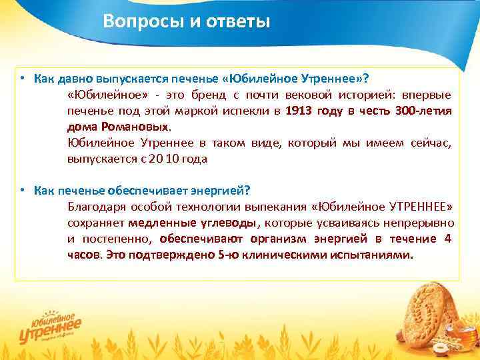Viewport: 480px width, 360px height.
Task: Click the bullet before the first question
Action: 22,77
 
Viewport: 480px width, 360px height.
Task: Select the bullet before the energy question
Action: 22,190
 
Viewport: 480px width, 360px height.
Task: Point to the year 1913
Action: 298,111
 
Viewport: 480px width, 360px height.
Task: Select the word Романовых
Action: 137,126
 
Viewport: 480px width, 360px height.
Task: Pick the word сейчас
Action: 431,143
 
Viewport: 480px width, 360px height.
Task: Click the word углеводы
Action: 223,223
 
